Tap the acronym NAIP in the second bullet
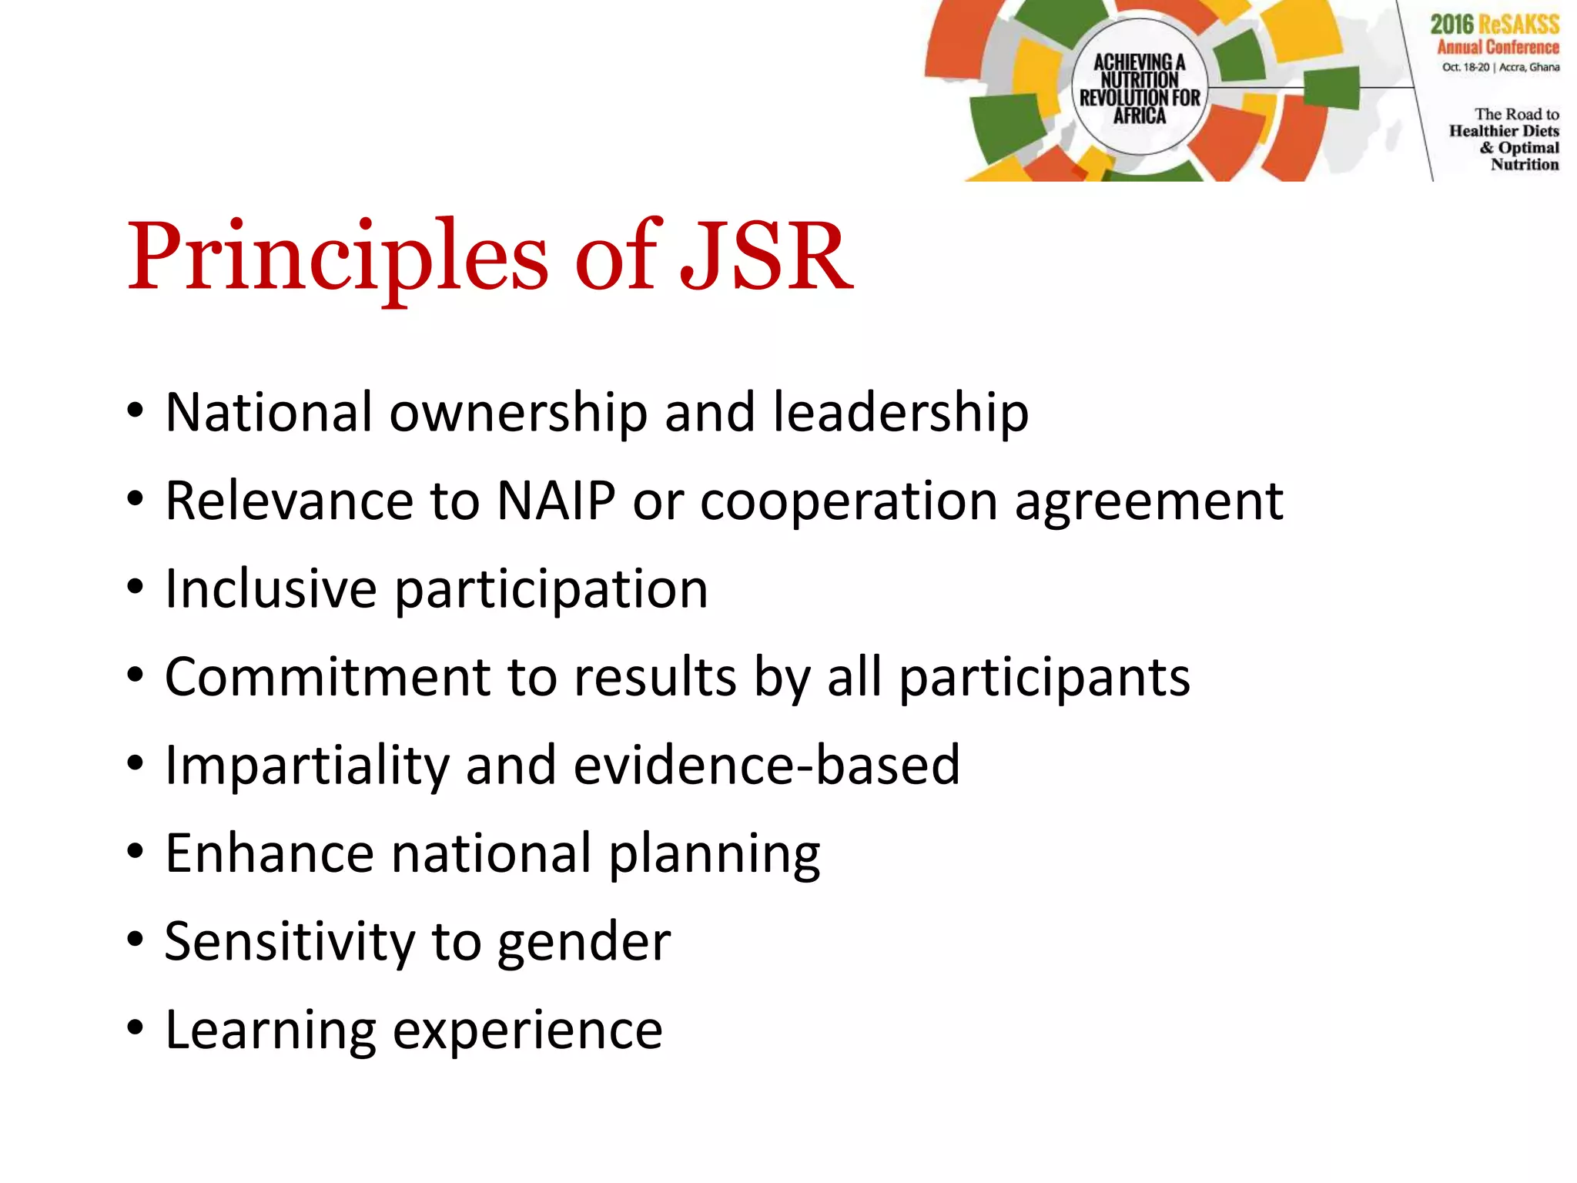pyautogui.click(x=556, y=501)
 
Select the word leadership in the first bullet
pyautogui.click(x=900, y=412)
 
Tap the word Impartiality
pyautogui.click(x=306, y=766)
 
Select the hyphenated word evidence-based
pyautogui.click(x=766, y=766)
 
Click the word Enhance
pyautogui.click(x=270, y=853)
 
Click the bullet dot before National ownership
pyautogui.click(x=136, y=411)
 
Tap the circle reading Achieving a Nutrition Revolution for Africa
pyautogui.click(x=1139, y=88)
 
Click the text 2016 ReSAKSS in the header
pyautogui.click(x=1494, y=24)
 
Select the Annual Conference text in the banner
pyautogui.click(x=1498, y=47)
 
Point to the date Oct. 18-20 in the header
pyautogui.click(x=1465, y=67)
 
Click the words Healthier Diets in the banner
pyautogui.click(x=1503, y=131)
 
